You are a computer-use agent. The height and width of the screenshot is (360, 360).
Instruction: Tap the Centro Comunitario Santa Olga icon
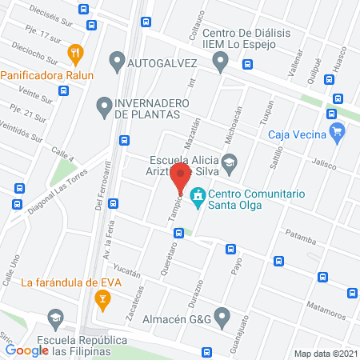click(197, 194)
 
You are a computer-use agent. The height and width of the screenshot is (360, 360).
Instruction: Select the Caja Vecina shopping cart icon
click(337, 133)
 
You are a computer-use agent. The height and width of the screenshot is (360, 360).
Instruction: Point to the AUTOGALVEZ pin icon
click(117, 60)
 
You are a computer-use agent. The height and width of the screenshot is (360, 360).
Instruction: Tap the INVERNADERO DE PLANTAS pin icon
click(103, 105)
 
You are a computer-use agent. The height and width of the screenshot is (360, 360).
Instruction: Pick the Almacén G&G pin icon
click(222, 314)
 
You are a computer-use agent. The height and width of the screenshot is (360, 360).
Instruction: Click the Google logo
click(27, 350)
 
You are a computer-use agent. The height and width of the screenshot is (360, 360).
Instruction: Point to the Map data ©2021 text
click(325, 353)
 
